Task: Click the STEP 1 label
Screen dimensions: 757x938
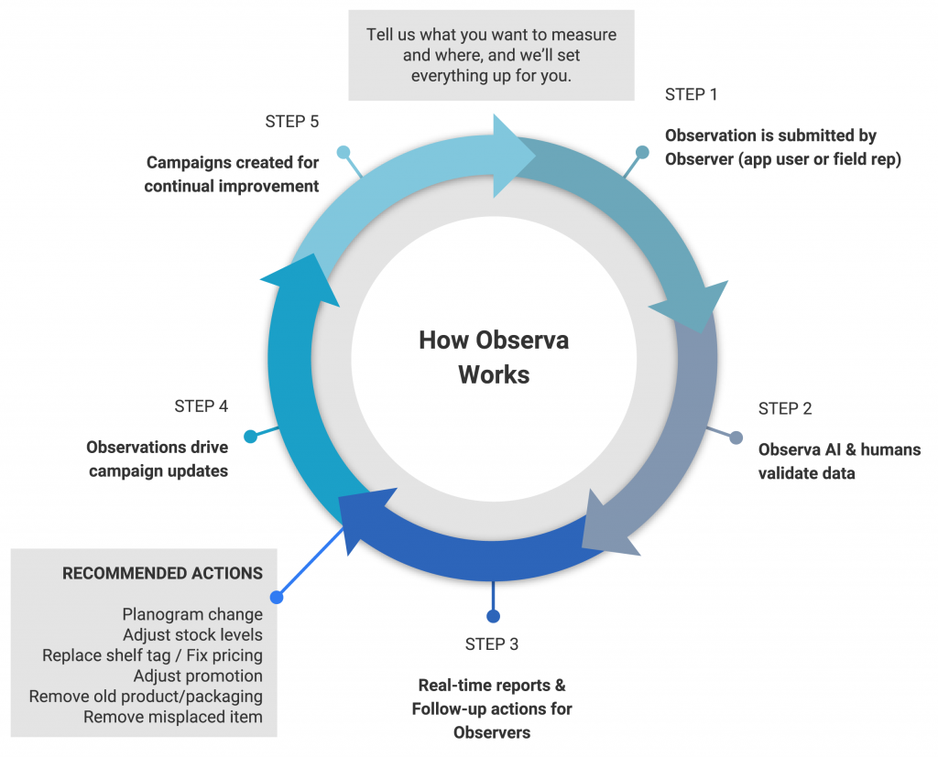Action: pos(692,94)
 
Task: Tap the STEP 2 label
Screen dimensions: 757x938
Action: pos(785,408)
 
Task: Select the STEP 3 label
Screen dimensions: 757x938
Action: pos(492,644)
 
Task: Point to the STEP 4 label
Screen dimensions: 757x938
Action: pos(201,406)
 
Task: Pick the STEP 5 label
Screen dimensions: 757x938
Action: pos(291,121)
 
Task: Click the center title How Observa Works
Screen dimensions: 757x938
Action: pos(494,357)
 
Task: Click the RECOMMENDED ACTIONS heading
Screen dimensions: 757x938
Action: pos(162,574)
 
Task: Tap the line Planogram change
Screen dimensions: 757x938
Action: pos(192,615)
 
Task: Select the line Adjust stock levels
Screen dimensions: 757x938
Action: pos(192,635)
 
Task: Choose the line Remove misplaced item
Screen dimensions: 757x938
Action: pos(173,717)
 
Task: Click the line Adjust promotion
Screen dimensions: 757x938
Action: pos(198,676)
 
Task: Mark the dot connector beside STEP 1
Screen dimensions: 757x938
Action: pos(642,152)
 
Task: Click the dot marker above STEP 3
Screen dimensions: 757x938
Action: pos(493,615)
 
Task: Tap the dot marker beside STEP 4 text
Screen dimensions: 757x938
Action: pos(250,437)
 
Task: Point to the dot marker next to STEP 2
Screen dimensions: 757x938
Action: pos(736,438)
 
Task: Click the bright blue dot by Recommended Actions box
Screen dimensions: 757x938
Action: pos(277,597)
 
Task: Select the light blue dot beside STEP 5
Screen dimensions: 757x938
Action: pos(344,152)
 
